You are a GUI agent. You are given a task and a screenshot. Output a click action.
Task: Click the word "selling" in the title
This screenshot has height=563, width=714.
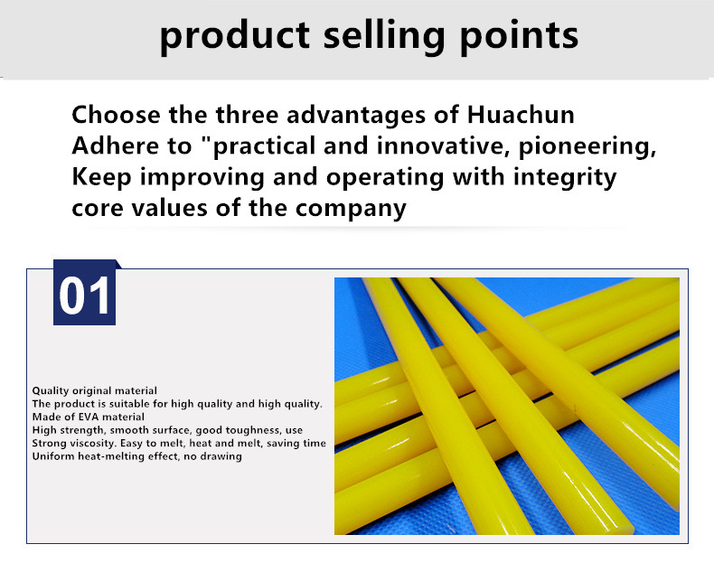point(384,36)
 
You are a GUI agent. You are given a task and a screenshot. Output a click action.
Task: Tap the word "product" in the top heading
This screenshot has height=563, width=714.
point(235,36)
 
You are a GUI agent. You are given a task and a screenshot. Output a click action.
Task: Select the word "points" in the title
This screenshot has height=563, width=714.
point(519,36)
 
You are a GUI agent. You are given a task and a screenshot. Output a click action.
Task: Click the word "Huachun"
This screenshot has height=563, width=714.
point(521,114)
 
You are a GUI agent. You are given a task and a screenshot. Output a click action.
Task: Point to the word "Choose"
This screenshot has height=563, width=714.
point(116,115)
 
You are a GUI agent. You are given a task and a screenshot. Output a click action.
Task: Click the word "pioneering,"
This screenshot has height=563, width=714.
point(587,146)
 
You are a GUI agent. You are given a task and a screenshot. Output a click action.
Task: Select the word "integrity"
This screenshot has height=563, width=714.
point(565,177)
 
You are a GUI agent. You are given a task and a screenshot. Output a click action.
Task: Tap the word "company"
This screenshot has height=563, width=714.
point(350,209)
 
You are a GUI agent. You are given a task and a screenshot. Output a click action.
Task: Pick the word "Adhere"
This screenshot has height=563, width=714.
point(115,145)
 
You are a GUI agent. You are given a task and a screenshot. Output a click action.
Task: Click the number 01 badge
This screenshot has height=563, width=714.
point(84,293)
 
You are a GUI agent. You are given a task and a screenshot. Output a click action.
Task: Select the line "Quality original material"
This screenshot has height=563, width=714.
point(94,390)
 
